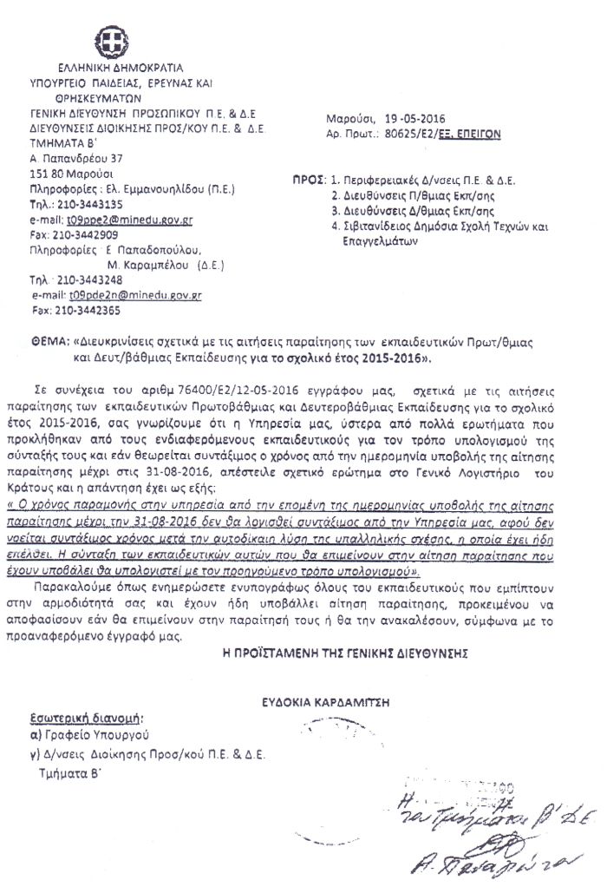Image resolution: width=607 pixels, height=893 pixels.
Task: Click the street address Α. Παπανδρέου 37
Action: click(x=76, y=160)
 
